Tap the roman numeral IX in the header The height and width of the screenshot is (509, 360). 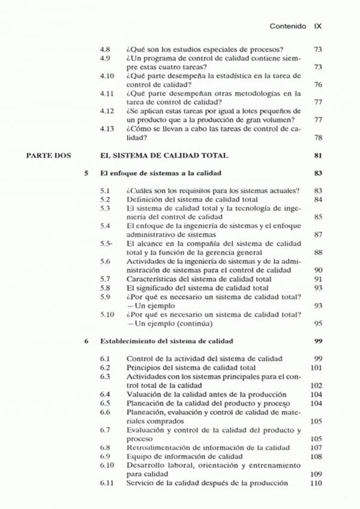point(319,27)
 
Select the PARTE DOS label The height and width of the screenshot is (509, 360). point(48,156)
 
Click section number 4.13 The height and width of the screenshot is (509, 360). point(106,128)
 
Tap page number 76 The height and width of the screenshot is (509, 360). point(319,85)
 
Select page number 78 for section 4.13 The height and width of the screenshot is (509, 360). point(319,137)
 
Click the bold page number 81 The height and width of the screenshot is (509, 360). point(319,156)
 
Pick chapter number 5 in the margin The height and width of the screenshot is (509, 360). point(87,173)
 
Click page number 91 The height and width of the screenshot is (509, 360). point(319,279)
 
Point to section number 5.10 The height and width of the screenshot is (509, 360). point(106,314)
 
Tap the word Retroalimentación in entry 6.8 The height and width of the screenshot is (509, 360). point(156,448)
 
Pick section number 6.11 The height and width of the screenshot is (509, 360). point(106,483)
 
